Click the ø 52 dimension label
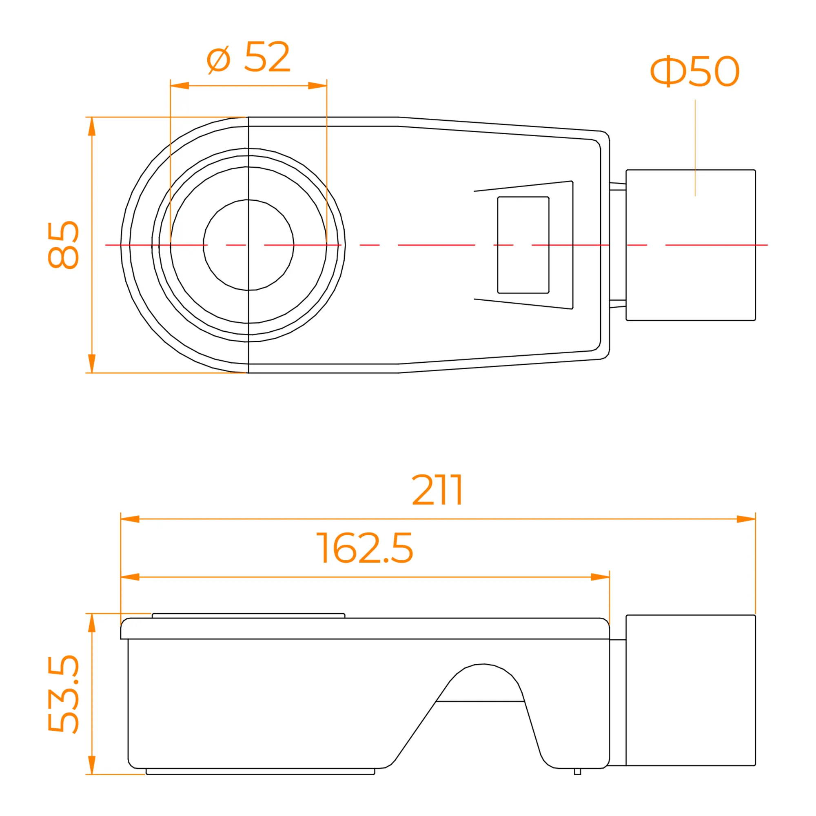248,57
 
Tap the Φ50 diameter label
695,71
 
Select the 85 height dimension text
63,245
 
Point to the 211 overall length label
437,490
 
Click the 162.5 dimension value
364,548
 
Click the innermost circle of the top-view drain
248,245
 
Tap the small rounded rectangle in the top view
523,245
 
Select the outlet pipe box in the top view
691,245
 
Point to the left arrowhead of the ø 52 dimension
180,86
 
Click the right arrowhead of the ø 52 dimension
317,86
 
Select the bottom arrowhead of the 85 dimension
92,364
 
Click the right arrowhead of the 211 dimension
746,519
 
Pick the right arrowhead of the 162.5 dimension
600,577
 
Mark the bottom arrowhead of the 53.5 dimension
92,765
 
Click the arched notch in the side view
481,683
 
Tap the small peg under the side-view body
577,771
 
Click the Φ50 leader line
695,148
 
